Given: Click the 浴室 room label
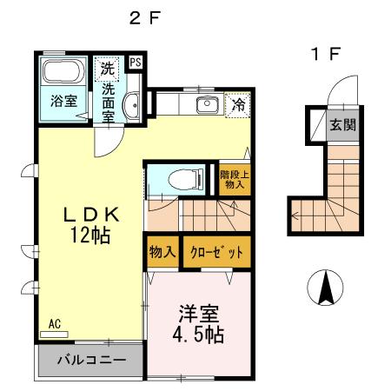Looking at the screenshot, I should click(63, 100).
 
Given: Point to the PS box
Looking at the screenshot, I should click(136, 63).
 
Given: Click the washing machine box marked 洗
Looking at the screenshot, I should click(107, 66).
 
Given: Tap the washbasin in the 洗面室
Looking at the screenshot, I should click(130, 106).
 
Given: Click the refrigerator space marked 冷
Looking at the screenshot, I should click(236, 105).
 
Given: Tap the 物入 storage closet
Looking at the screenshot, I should click(162, 253).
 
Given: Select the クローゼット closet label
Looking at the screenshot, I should click(213, 253).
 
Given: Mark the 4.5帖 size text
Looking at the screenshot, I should click(199, 335).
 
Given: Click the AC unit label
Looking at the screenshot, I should click(54, 323).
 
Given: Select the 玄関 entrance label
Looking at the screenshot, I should click(340, 123).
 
